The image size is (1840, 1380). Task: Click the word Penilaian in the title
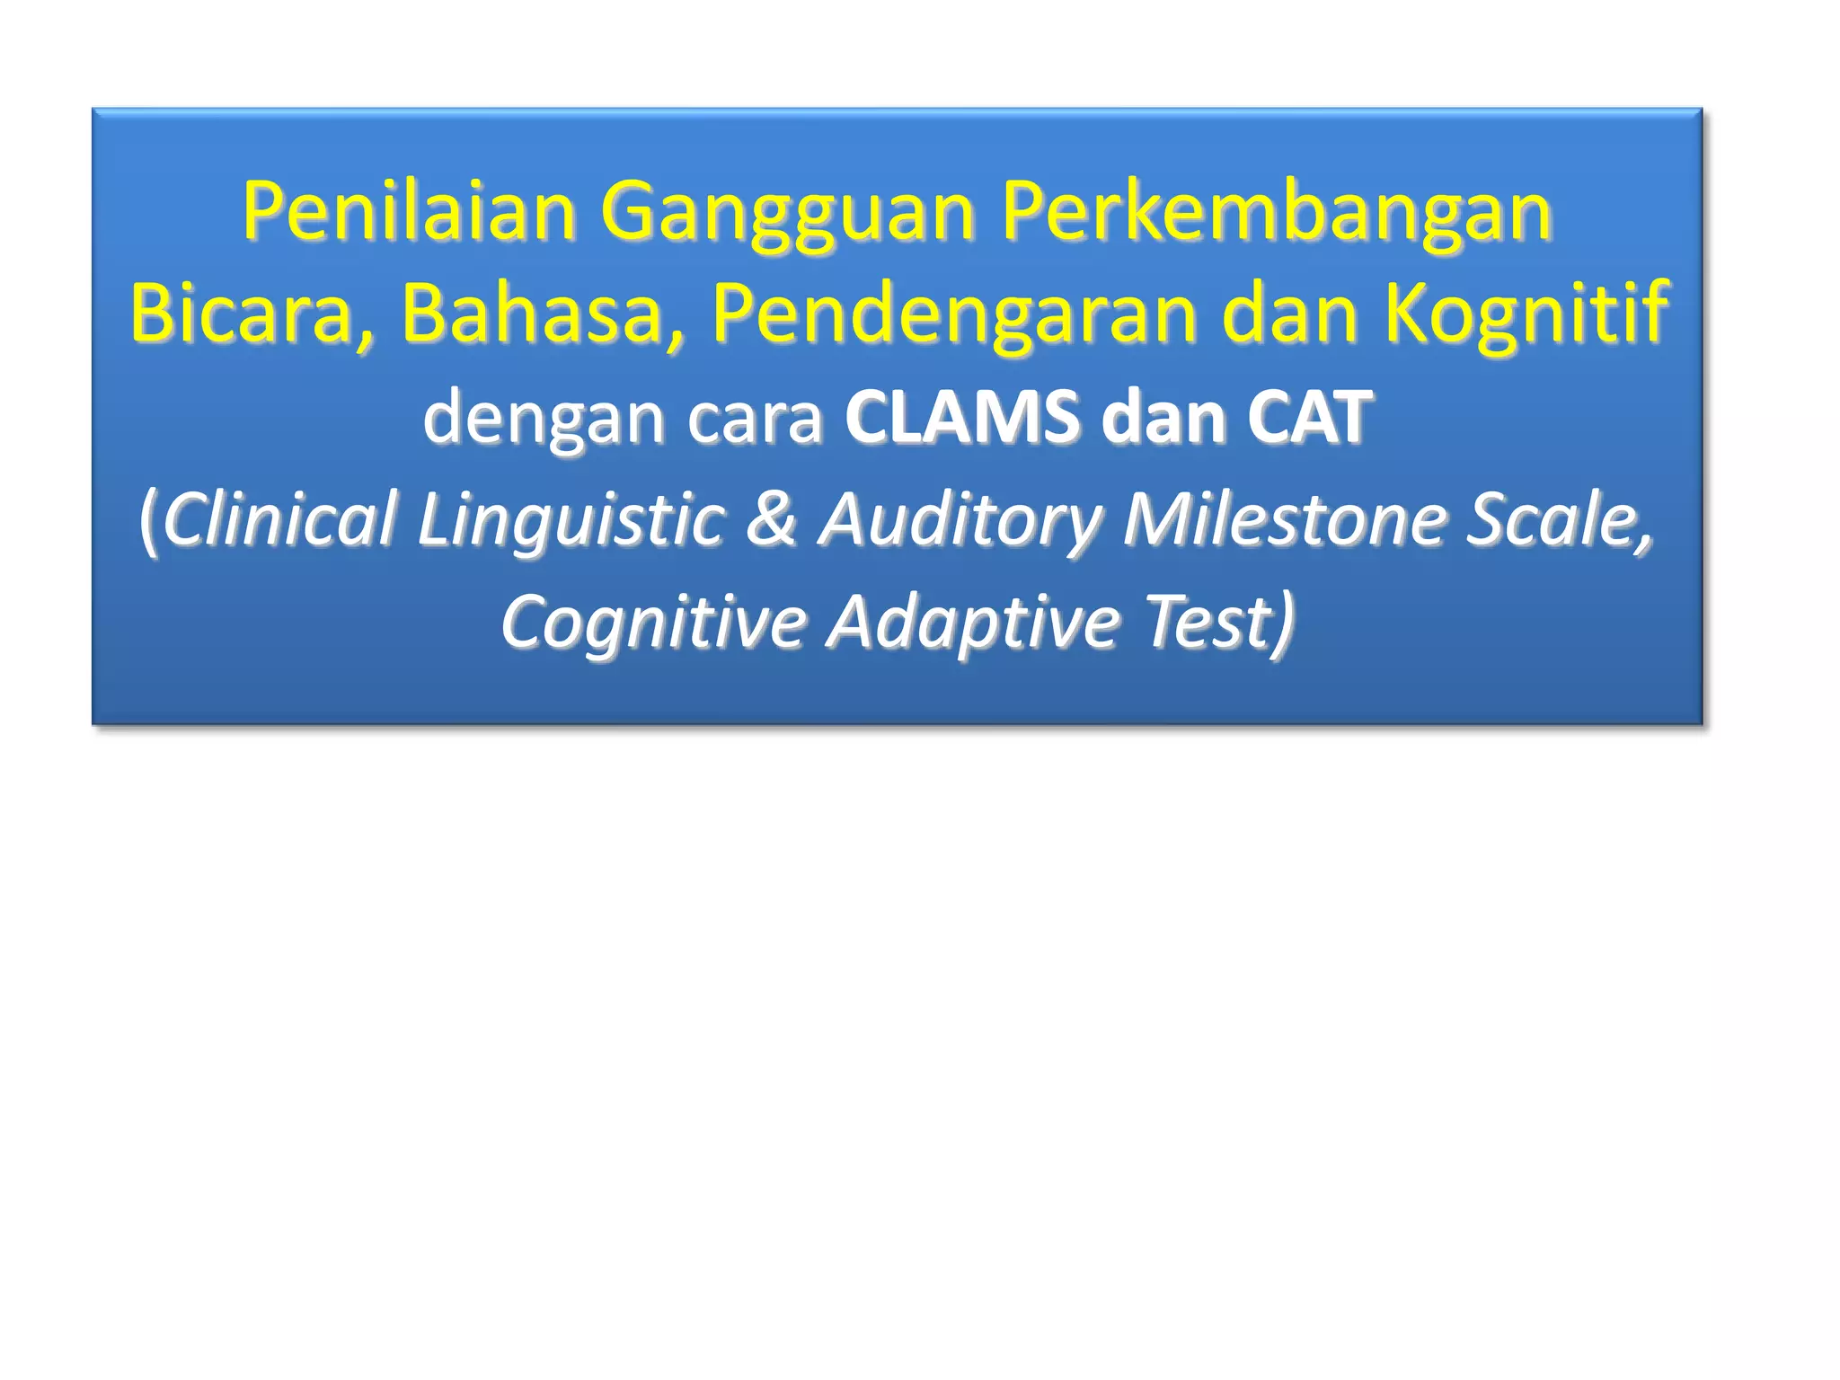pos(408,212)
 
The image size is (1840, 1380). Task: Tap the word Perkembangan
pos(1277,212)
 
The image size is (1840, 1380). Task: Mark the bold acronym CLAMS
pos(962,418)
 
